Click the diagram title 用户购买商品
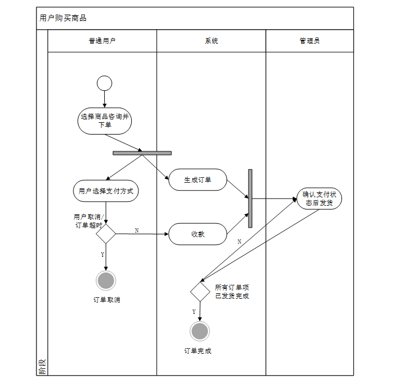(63, 18)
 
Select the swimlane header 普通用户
(102, 41)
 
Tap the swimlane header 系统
(211, 41)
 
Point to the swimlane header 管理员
(310, 41)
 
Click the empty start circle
(104, 84)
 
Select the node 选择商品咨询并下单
(105, 121)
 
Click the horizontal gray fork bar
(142, 152)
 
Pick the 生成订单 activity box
(197, 180)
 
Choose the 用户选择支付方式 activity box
(106, 191)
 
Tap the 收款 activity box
(197, 234)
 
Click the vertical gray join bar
(250, 198)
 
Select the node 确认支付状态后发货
(319, 199)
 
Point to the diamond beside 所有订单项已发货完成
(200, 291)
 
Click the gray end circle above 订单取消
(105, 280)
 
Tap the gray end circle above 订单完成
(200, 331)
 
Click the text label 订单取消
(107, 299)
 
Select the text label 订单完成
(198, 351)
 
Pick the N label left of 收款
(137, 230)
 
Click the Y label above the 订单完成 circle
(194, 311)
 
